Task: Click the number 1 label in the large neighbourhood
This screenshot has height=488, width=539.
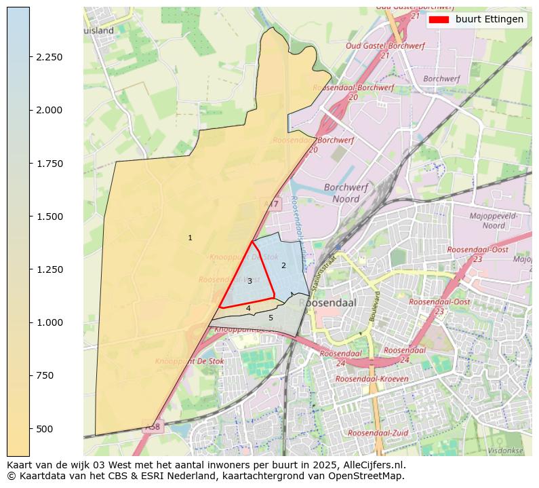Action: [x=190, y=238]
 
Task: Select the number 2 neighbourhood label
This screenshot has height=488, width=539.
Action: [x=283, y=265]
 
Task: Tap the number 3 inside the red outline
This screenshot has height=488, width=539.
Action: [x=249, y=281]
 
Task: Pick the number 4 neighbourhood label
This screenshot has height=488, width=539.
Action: [x=248, y=308]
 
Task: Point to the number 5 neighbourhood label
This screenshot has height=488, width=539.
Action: [x=271, y=318]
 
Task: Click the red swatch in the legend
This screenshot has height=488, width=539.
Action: [x=439, y=20]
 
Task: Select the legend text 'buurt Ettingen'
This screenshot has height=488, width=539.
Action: [x=489, y=20]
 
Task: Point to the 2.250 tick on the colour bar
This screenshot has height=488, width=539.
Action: [x=49, y=57]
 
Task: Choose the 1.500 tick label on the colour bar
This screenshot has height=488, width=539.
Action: [x=49, y=217]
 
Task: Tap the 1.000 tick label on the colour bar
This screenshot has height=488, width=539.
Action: [x=49, y=322]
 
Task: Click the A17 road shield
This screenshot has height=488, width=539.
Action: [x=271, y=204]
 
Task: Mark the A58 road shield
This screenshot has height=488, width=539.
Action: [x=153, y=427]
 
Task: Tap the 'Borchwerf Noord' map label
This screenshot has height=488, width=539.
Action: [x=346, y=193]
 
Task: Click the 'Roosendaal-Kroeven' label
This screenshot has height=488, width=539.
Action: [x=372, y=379]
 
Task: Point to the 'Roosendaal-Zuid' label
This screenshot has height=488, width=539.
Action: [x=378, y=432]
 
